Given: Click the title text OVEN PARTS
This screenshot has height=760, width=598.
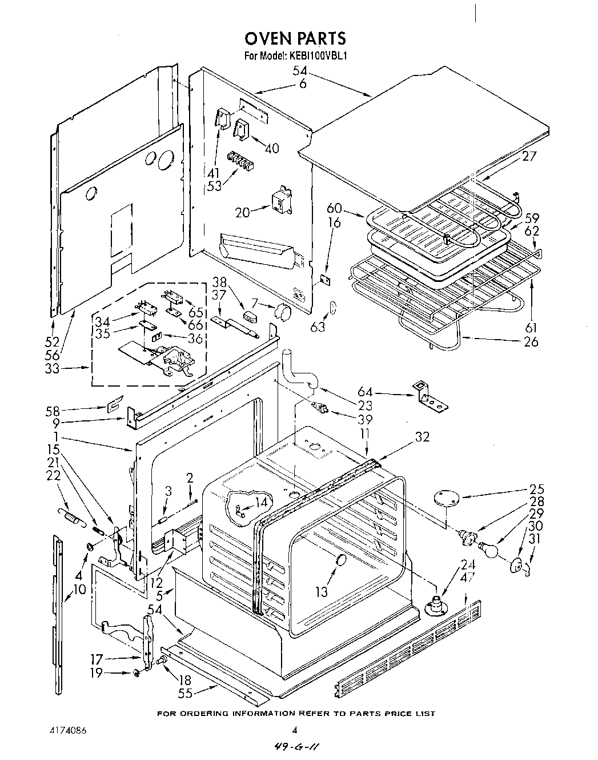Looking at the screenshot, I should [295, 38].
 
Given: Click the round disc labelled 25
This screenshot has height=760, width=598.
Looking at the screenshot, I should [447, 498].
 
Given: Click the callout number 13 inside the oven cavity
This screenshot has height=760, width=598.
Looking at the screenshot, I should [322, 592].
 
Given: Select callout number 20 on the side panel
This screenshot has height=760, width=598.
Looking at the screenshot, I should [243, 212].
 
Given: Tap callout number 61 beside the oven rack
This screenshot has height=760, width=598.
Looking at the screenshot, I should [531, 328].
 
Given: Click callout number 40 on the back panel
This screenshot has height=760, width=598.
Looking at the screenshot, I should [272, 148].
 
